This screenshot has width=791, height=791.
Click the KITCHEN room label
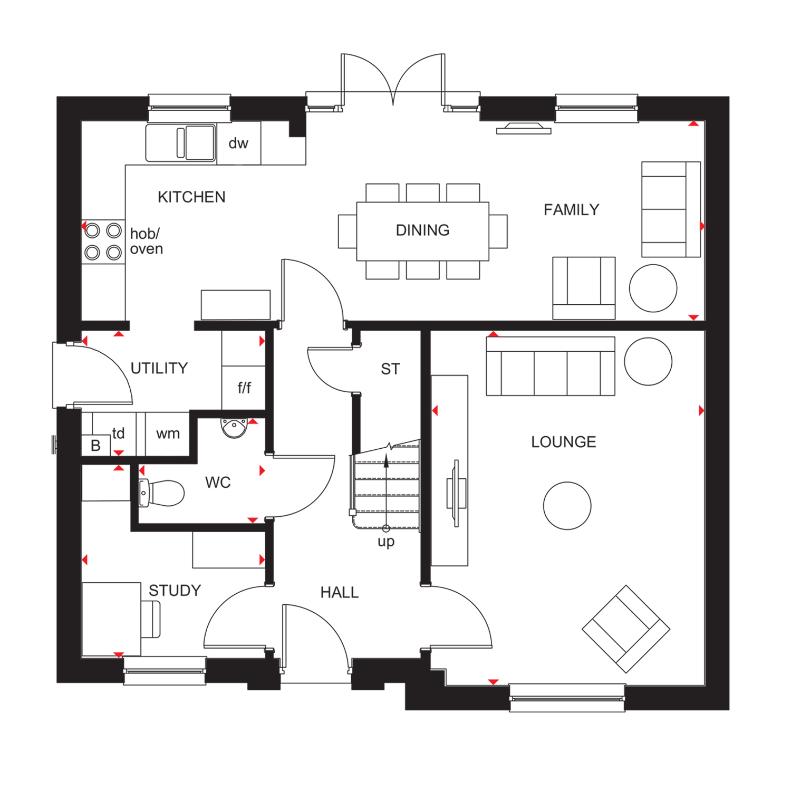191,197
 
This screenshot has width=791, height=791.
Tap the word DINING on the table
422,230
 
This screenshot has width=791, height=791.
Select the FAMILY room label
571,210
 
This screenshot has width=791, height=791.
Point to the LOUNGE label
563,442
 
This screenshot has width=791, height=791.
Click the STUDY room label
175,591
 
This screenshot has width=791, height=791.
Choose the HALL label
339,593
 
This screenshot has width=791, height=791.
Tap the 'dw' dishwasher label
238,143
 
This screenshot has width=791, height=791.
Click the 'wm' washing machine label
168,433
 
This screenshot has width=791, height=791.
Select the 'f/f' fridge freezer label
244,388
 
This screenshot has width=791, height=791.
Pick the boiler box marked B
95,446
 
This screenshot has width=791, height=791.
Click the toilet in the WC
163,493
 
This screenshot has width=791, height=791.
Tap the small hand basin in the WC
234,428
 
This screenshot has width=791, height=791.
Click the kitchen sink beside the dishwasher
180,142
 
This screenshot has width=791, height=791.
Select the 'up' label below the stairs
386,542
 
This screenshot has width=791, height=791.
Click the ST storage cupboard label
390,369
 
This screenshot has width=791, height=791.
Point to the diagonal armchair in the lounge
625,629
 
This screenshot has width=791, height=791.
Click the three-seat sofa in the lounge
550,366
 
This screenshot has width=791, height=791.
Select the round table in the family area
653,288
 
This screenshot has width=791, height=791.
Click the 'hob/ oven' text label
146,241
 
